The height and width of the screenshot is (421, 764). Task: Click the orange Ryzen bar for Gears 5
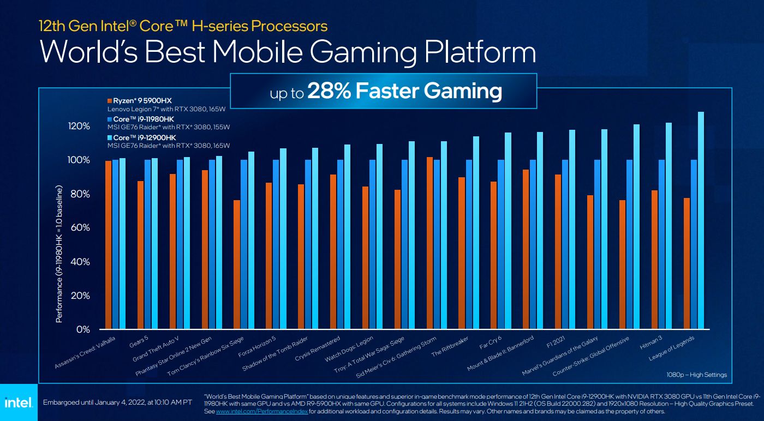[x=140, y=255]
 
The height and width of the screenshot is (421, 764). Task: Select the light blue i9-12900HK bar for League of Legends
[x=701, y=221]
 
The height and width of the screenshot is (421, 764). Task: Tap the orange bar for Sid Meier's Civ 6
[x=430, y=243]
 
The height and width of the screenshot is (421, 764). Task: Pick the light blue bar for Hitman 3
[x=668, y=226]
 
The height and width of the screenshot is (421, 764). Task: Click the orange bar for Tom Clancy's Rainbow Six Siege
[x=236, y=264]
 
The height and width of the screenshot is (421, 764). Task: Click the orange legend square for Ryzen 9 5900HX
[x=110, y=101]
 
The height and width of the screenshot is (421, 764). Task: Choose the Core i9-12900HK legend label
[x=145, y=138]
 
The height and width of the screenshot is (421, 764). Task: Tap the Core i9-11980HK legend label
[x=145, y=119]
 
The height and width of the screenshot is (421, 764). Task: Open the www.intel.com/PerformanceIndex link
[x=262, y=412]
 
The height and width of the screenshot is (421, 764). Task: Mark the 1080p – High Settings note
[x=697, y=375]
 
